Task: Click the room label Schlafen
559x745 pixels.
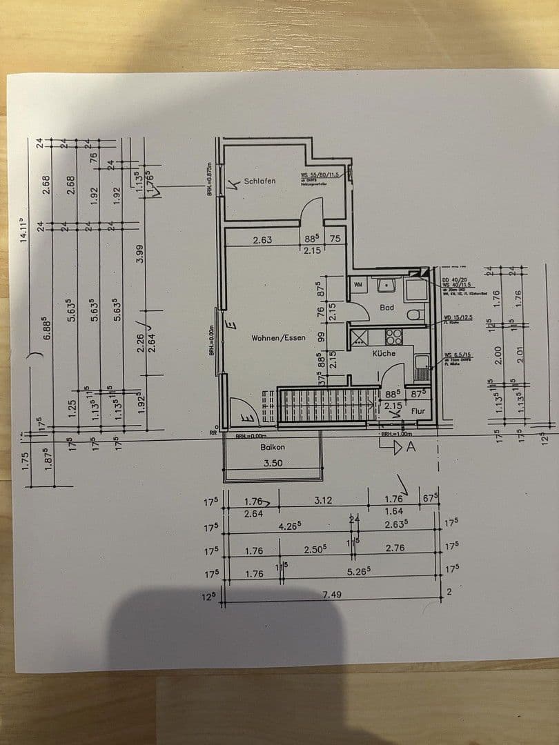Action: pyautogui.click(x=259, y=181)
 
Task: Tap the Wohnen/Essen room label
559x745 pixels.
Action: pyautogui.click(x=278, y=338)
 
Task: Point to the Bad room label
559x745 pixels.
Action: pyautogui.click(x=387, y=307)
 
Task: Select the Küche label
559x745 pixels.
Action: pyautogui.click(x=384, y=353)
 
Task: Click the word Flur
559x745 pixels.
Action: pyautogui.click(x=418, y=410)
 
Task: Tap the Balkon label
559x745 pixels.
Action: pyautogui.click(x=273, y=447)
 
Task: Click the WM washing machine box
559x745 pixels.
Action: pyautogui.click(x=358, y=284)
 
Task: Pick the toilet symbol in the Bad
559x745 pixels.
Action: pyautogui.click(x=415, y=315)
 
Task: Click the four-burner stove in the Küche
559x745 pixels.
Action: pyautogui.click(x=393, y=336)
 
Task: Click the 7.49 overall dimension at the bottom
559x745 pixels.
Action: pyautogui.click(x=333, y=595)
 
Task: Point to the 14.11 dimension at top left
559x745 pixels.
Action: pyautogui.click(x=24, y=227)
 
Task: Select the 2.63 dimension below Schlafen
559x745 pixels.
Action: pyautogui.click(x=262, y=240)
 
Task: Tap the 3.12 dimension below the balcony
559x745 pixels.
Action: pyautogui.click(x=324, y=501)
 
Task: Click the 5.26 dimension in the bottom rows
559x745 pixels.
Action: pyautogui.click(x=360, y=570)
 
